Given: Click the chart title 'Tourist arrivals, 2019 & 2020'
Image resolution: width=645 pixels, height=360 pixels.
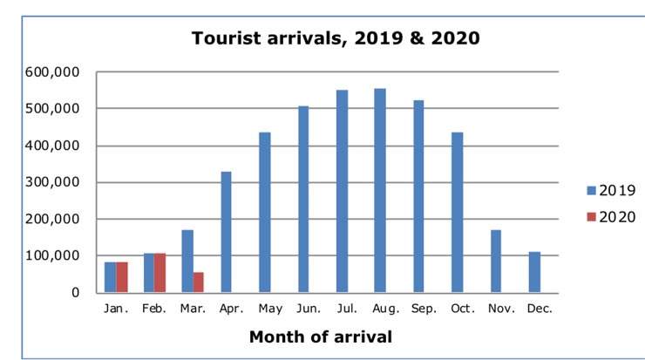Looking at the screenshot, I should pyautogui.click(x=336, y=39).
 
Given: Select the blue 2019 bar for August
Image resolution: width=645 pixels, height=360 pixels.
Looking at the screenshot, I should pyautogui.click(x=380, y=190).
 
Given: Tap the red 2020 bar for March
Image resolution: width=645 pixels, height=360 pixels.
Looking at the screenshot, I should pyautogui.click(x=199, y=282).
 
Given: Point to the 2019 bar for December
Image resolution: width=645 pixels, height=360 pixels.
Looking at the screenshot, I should pyautogui.click(x=534, y=272).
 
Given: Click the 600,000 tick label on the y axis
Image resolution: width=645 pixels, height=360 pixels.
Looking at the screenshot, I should pyautogui.click(x=51, y=72).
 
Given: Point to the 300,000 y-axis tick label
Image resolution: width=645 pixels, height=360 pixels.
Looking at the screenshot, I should pyautogui.click(x=51, y=183).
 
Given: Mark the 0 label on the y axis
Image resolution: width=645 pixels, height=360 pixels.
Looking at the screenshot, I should pyautogui.click(x=75, y=293).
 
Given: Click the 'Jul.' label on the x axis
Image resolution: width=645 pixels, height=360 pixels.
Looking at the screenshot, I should pyautogui.click(x=348, y=309).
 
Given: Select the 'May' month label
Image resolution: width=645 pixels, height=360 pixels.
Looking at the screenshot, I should pyautogui.click(x=270, y=309).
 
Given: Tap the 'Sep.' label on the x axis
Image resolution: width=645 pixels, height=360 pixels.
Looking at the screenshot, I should pyautogui.click(x=425, y=309).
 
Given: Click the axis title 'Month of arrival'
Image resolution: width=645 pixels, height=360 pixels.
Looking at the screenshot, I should pyautogui.click(x=320, y=336).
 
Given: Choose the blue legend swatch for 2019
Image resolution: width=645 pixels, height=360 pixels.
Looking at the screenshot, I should pyautogui.click(x=590, y=190).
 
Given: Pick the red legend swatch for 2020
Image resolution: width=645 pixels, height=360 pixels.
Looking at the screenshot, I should pyautogui.click(x=590, y=216).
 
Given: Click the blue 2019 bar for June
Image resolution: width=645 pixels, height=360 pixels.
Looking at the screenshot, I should pyautogui.click(x=303, y=199).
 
